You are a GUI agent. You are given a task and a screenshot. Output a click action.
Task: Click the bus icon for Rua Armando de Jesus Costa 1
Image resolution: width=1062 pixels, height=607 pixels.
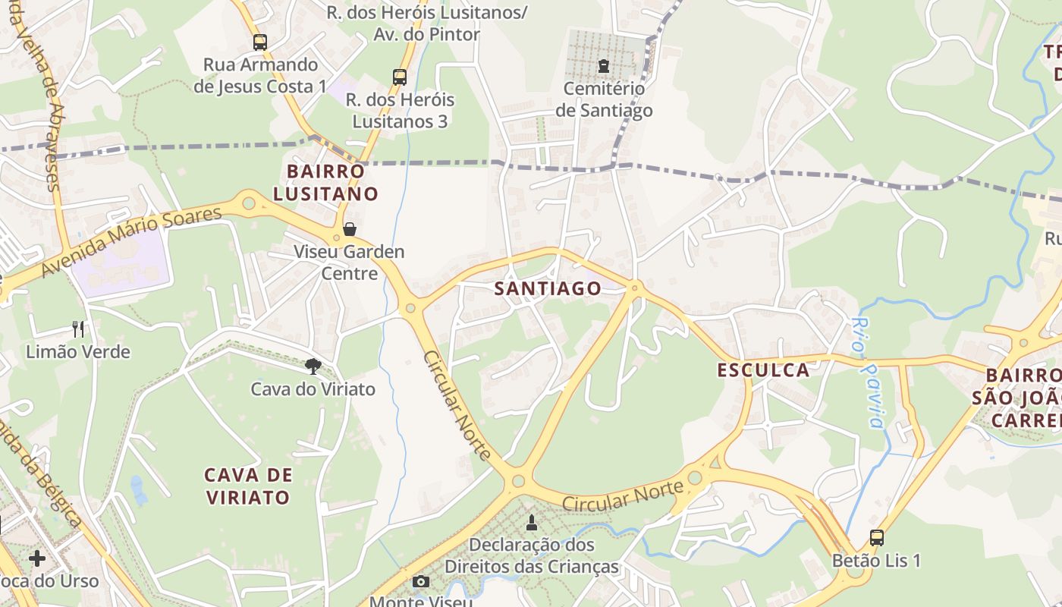click(x=260, y=42)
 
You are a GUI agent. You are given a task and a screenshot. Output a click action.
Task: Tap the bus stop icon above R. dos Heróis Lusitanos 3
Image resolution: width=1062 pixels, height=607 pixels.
click(x=399, y=77)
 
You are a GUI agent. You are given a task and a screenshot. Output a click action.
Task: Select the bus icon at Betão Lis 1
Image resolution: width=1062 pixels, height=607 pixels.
click(x=877, y=538)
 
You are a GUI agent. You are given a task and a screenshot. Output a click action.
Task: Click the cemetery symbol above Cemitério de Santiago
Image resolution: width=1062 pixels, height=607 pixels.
click(x=604, y=66)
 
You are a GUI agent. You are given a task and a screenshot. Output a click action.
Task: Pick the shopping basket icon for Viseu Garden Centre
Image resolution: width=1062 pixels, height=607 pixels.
click(x=350, y=228)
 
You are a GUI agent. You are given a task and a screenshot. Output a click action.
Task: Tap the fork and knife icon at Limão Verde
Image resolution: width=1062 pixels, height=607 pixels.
click(x=78, y=329)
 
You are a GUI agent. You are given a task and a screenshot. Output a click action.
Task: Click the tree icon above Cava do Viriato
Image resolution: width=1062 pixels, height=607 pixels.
click(x=313, y=366)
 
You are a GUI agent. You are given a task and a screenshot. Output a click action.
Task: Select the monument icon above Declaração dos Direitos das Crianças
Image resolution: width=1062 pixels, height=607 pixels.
click(x=532, y=522)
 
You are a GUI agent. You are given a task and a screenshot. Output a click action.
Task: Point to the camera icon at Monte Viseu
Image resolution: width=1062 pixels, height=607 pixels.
click(x=421, y=582)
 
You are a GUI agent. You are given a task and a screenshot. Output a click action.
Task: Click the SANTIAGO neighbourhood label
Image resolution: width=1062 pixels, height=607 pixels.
click(x=548, y=288)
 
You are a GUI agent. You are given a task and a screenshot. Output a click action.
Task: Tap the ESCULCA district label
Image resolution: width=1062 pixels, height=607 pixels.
click(x=763, y=370)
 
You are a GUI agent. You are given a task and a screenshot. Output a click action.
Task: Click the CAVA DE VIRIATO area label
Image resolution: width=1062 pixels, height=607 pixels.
click(x=248, y=486)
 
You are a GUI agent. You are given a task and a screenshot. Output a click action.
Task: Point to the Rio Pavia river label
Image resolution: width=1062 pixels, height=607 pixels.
click(x=867, y=373)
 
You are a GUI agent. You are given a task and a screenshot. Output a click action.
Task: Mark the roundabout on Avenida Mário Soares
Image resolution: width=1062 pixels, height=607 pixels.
click(x=248, y=203)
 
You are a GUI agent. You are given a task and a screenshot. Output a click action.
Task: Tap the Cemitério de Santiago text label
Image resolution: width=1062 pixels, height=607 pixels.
click(x=604, y=99)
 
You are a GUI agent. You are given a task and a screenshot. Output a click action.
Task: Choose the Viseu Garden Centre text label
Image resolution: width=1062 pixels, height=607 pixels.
click(x=350, y=262)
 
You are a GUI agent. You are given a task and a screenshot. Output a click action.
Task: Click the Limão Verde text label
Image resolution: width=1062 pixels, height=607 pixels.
click(x=78, y=352)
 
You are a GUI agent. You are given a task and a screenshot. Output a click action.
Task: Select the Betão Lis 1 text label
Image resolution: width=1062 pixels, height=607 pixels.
click(x=877, y=561)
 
